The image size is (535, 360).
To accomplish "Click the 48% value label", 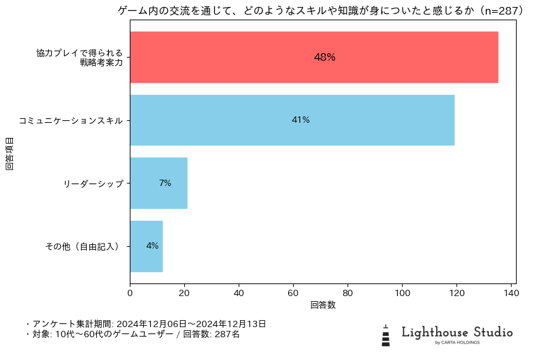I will tap(325, 57).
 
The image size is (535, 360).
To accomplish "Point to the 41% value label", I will tap(301, 120).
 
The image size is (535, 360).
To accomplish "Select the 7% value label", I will tap(165, 183).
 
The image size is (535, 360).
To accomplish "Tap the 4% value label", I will tap(153, 246).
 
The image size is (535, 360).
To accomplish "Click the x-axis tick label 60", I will tap(293, 294).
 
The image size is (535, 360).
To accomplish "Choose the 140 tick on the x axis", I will tap(511, 294).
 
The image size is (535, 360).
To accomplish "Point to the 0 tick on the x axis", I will tap(130, 294).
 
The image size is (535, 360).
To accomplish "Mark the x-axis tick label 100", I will tap(402, 294).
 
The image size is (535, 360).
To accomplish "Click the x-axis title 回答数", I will tap(323, 305).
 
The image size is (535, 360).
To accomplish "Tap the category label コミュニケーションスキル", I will tap(70, 120).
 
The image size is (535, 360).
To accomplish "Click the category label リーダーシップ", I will tap(93, 183).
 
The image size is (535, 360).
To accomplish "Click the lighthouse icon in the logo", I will tap(386, 335).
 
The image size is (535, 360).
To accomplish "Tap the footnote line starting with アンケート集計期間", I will tap(146, 324).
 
